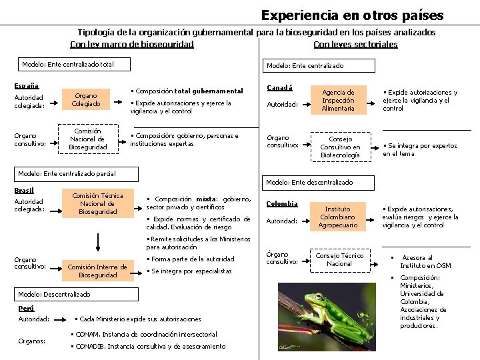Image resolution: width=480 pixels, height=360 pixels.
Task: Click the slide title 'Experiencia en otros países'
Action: tap(352, 15)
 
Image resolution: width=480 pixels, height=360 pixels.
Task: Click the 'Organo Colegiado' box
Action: tap(86, 100)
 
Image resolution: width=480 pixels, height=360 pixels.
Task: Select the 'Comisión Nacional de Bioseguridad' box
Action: tap(88, 139)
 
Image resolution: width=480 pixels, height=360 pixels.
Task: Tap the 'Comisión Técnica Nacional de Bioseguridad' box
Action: tap(97, 203)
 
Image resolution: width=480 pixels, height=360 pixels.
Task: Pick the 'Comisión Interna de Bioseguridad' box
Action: tap(97, 271)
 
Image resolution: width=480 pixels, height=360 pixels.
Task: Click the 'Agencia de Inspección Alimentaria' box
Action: tap(338, 100)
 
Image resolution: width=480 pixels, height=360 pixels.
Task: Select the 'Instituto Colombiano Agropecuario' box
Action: tap(338, 217)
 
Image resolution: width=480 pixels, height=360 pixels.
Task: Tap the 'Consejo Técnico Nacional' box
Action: tap(339, 259)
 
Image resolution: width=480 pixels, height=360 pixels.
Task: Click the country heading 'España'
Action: tap(27, 85)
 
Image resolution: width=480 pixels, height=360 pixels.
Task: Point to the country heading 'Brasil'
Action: tap(24, 191)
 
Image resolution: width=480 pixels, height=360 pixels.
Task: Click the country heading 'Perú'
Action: tap(26, 308)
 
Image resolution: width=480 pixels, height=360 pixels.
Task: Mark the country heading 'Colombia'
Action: tap(282, 204)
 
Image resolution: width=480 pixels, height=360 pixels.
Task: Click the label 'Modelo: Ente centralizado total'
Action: tap(67, 65)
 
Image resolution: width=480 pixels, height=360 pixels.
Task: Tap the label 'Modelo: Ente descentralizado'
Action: tap(309, 182)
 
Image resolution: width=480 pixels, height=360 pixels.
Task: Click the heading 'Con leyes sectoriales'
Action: tap(355, 45)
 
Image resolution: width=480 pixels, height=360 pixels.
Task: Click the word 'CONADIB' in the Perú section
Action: tap(90, 346)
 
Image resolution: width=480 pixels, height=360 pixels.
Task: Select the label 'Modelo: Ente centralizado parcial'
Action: tap(67, 173)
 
